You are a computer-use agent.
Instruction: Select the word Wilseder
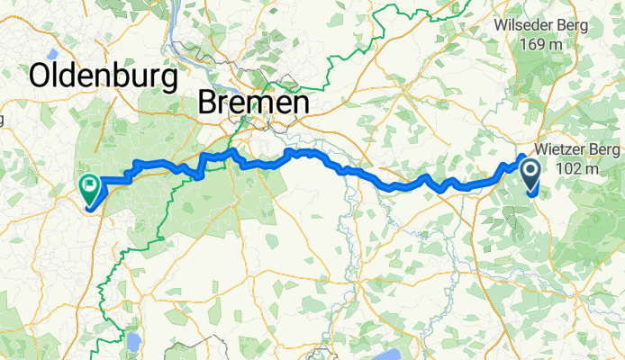tap(526, 24)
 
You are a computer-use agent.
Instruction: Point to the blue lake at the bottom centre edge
tap(394, 350)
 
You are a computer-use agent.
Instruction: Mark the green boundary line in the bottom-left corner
tap(106, 297)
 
